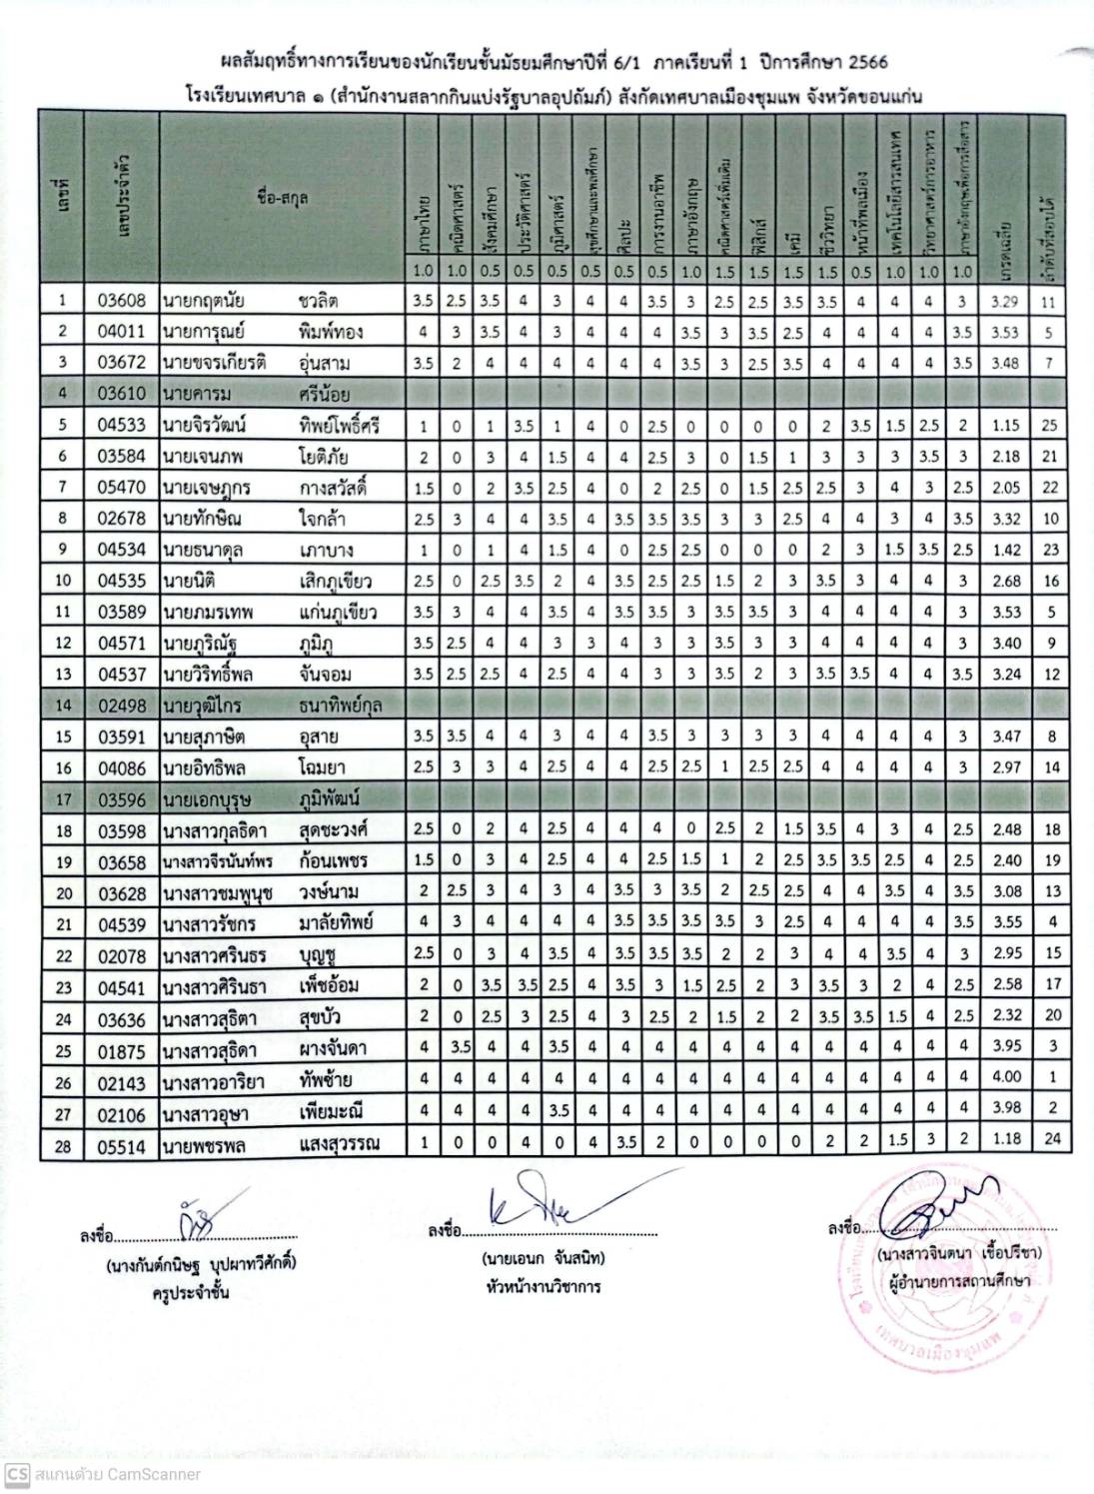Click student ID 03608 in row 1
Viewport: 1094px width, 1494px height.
[122, 300]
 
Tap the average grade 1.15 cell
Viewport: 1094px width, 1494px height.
[1006, 426]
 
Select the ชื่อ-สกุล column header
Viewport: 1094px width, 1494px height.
[281, 198]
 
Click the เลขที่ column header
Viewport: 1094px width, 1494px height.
[62, 198]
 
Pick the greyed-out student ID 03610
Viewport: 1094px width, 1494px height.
[122, 395]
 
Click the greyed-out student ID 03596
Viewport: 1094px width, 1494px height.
[122, 799]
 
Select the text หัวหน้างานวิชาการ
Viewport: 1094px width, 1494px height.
[540, 1286]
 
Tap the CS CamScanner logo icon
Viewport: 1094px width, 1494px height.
[15, 1474]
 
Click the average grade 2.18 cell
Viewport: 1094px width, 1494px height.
[1006, 457]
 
